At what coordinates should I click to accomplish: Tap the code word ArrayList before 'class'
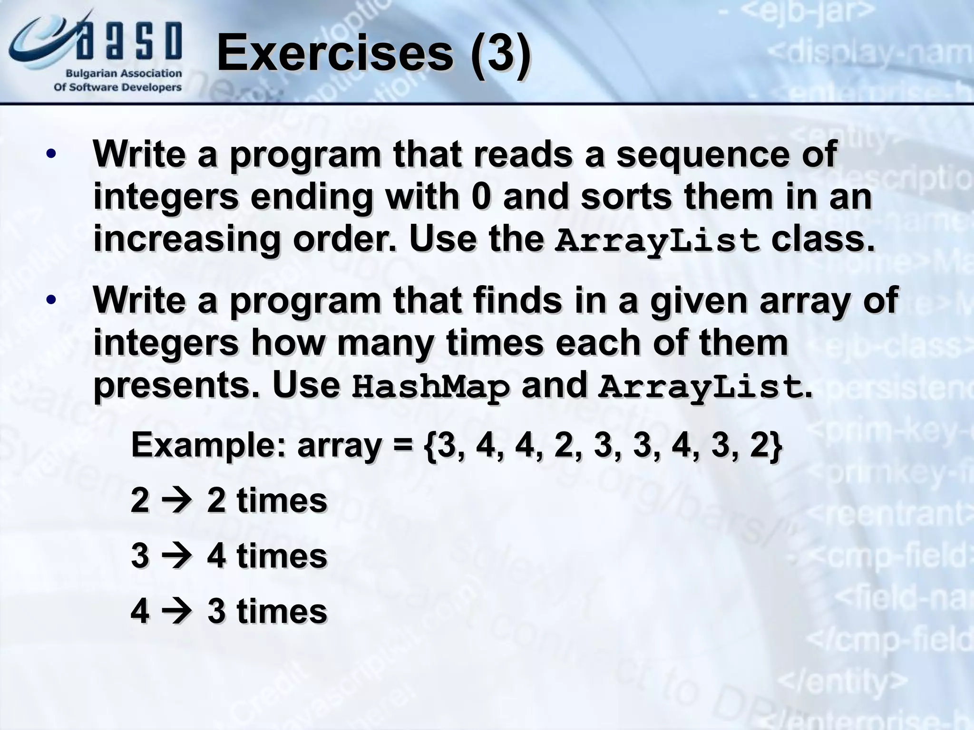(x=657, y=240)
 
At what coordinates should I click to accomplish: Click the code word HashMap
(x=430, y=387)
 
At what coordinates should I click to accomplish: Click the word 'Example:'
(x=208, y=446)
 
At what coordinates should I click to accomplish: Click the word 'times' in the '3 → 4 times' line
(x=282, y=556)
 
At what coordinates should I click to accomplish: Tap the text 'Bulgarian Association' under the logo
(x=124, y=74)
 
